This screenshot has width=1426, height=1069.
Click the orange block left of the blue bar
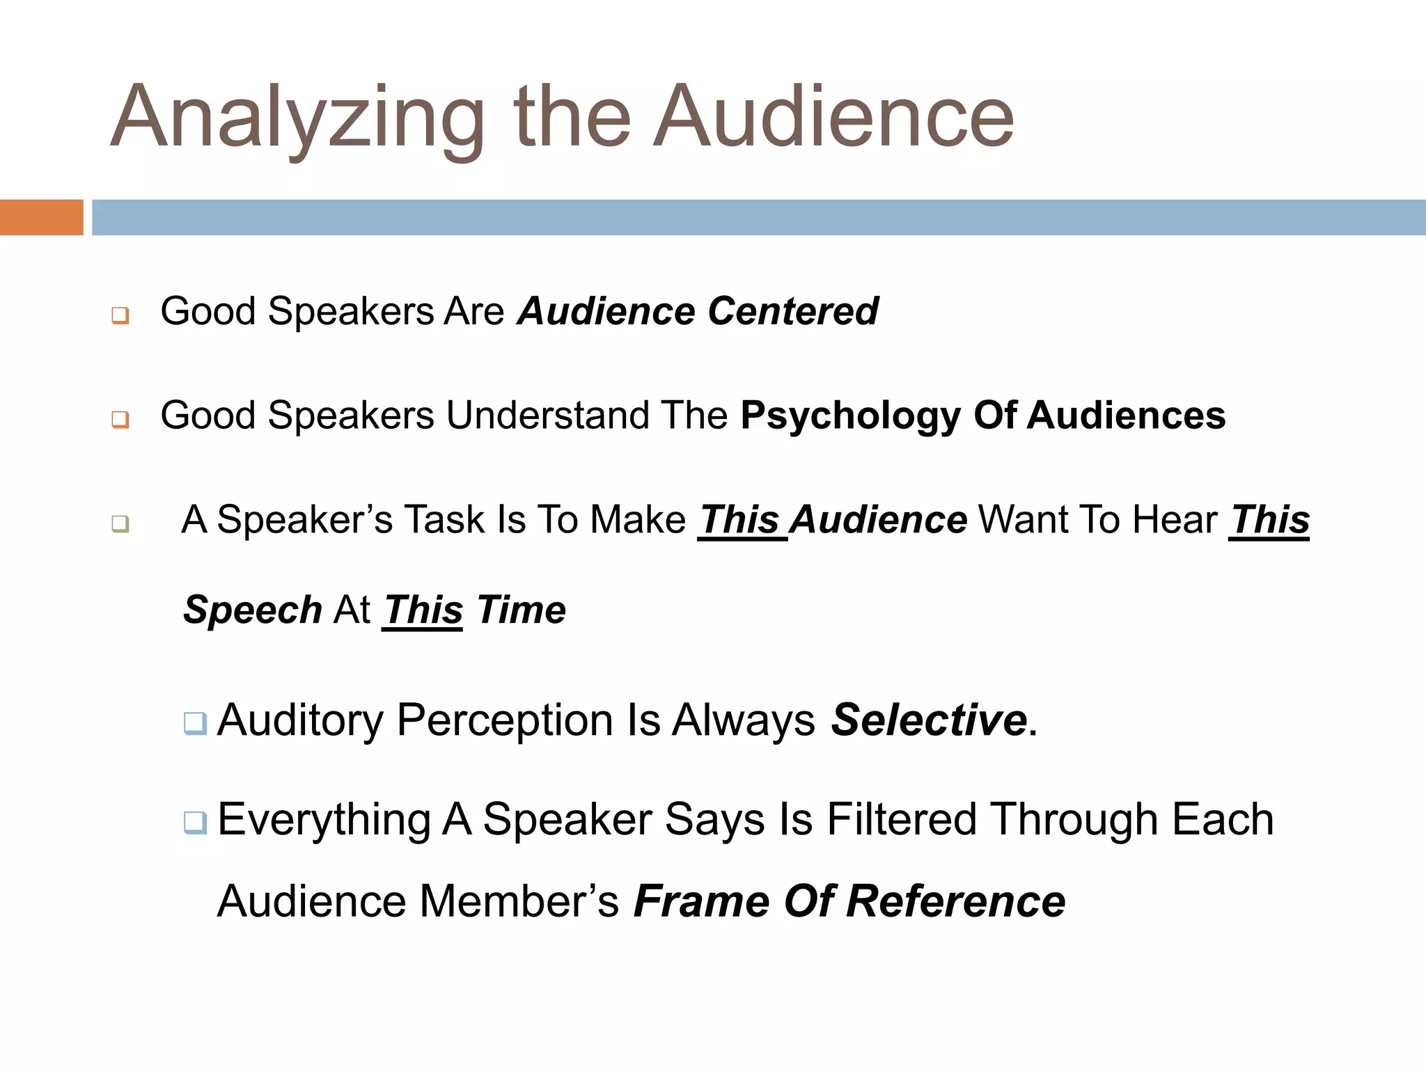pyautogui.click(x=41, y=217)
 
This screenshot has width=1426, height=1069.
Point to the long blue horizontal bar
pyautogui.click(x=758, y=217)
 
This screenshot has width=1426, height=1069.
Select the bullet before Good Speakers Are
pyautogui.click(x=120, y=315)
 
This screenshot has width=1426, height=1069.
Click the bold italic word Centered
pyautogui.click(x=793, y=311)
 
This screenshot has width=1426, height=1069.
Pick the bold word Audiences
pyautogui.click(x=1126, y=415)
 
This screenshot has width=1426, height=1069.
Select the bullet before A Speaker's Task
pyautogui.click(x=120, y=523)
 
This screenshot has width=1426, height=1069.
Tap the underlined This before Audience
pyautogui.click(x=740, y=520)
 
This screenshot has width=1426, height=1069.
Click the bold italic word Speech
pyautogui.click(x=252, y=611)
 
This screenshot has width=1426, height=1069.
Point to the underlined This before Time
pyautogui.click(x=423, y=610)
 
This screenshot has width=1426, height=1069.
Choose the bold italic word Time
pyautogui.click(x=522, y=610)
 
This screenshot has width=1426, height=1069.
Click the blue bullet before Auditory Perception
pyautogui.click(x=195, y=723)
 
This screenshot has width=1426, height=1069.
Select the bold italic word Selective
pyautogui.click(x=929, y=720)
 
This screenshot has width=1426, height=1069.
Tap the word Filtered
pyautogui.click(x=902, y=819)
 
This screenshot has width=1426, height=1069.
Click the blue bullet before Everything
pyautogui.click(x=195, y=823)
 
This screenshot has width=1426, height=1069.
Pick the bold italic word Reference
pyautogui.click(x=955, y=901)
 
